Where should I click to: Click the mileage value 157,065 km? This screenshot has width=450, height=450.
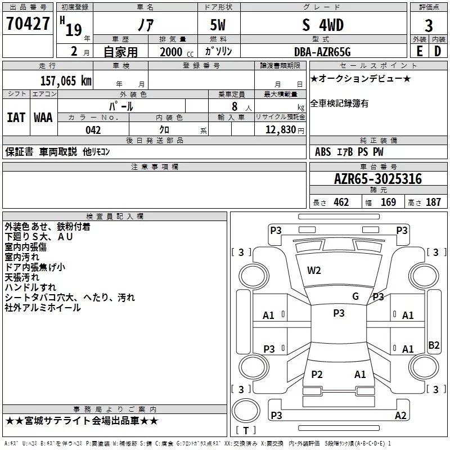pos(66,80)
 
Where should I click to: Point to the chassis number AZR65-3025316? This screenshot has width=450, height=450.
pos(378,179)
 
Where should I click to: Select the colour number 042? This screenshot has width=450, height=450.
pos(93,130)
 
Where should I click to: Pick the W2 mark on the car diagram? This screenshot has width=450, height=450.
pos(314,271)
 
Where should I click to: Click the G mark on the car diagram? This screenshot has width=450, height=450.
pos(355,296)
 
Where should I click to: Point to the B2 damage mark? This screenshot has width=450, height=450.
pos(434,345)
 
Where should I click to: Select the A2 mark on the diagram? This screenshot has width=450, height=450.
pos(400,415)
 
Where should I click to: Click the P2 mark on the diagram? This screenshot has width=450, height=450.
pos(317,375)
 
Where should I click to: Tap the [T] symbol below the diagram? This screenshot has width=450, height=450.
pos(245,431)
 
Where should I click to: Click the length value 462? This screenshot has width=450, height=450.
pos(341,202)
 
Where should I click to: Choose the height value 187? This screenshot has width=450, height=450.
pos(433,202)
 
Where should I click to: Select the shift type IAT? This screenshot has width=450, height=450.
pos(16,117)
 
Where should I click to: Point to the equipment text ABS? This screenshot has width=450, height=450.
pos(323,152)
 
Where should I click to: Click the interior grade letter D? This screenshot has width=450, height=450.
pos(437,51)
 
